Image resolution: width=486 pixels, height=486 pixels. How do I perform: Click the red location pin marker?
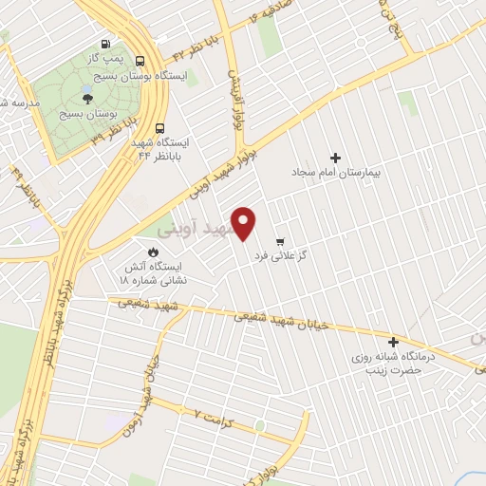[245, 223]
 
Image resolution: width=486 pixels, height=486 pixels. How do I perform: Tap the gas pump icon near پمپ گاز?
[103, 44]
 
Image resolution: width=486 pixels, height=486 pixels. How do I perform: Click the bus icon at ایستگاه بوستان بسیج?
[140, 58]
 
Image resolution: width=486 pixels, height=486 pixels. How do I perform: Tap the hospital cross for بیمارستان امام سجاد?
[334, 158]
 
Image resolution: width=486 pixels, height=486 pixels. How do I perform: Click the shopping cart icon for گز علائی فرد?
[279, 241]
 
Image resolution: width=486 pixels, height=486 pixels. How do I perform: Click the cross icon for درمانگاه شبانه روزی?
[394, 342]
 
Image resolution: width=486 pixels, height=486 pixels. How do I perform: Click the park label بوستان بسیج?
[83, 114]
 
